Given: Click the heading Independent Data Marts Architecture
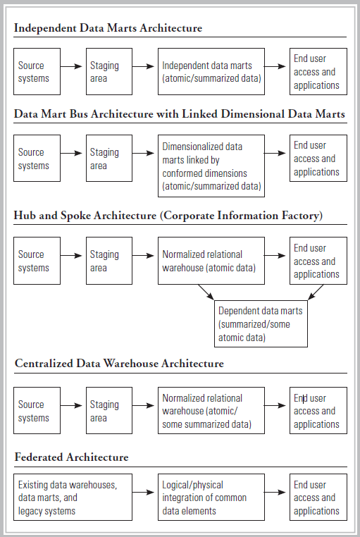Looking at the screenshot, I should [108, 29].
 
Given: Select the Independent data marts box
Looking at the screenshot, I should [211, 72].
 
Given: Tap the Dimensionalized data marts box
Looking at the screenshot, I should [211, 166].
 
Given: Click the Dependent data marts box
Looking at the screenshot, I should [261, 323].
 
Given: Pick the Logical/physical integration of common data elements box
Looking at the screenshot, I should [211, 498].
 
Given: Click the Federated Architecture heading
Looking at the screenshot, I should [72, 457].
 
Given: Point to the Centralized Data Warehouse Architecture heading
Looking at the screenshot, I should [119, 364].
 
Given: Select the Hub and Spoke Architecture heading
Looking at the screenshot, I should [168, 216].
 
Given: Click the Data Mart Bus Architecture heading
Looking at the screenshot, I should [180, 115].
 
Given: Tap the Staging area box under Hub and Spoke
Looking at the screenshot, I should [108, 261].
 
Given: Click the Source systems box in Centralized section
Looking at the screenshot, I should [37, 411].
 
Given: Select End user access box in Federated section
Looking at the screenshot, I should [318, 498].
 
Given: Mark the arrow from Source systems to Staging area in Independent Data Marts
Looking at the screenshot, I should [73, 66].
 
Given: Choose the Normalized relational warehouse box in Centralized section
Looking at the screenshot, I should [211, 411].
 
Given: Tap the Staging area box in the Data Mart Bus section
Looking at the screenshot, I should [108, 159].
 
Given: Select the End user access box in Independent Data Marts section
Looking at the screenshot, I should [318, 72].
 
